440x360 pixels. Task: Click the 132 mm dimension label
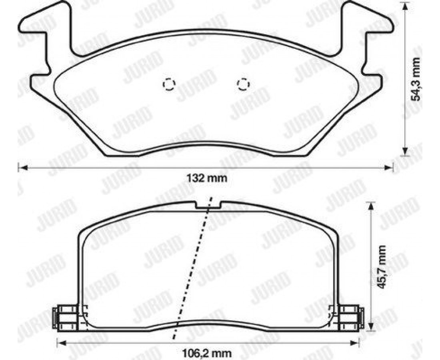pyautogui.click(x=207, y=178)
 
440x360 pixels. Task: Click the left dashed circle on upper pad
pyautogui.click(x=169, y=84)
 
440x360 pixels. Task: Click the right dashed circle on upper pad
pyautogui.click(x=243, y=84)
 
